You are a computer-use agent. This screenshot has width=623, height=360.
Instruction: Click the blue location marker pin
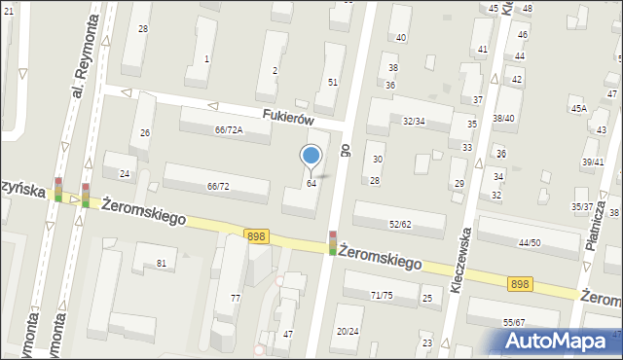pyautogui.click(x=311, y=156)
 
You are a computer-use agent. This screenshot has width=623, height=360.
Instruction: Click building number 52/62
pyautogui.click(x=400, y=224)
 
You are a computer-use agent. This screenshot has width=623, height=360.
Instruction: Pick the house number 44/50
pyautogui.click(x=530, y=242)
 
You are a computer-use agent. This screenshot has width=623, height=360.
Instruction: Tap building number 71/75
pyautogui.click(x=382, y=295)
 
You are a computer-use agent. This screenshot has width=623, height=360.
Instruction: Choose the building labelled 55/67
pyautogui.click(x=514, y=322)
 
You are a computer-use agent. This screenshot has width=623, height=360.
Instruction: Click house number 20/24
pyautogui.click(x=348, y=331)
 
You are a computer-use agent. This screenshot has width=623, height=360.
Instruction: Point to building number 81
pyautogui.click(x=162, y=264)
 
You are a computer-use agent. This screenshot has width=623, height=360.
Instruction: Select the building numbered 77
pyautogui.click(x=235, y=298)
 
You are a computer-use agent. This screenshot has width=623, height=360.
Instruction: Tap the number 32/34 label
pyautogui.click(x=414, y=122)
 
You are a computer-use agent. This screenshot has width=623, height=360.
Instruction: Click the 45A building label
pyautogui.click(x=578, y=109)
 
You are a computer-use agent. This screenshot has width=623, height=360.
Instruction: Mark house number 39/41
pyautogui.click(x=593, y=162)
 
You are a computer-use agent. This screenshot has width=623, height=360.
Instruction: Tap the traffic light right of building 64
pyautogui.click(x=333, y=243)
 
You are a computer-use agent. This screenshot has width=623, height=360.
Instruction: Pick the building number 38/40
pyautogui.click(x=503, y=119)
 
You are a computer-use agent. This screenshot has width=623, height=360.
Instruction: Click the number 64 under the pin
pyautogui.click(x=311, y=184)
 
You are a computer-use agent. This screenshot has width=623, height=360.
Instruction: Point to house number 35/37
pyautogui.click(x=582, y=206)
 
